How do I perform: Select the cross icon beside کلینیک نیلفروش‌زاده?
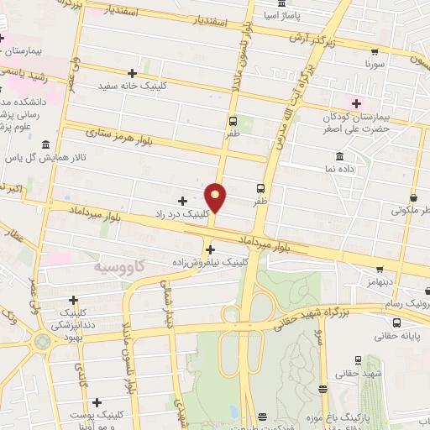(210, 249)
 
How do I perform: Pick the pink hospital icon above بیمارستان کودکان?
(356, 104)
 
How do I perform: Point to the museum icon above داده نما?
(338, 157)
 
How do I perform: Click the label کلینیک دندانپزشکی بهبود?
(73, 318)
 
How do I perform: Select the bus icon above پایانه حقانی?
(396, 322)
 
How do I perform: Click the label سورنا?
(375, 63)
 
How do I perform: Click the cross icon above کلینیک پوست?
(97, 403)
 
